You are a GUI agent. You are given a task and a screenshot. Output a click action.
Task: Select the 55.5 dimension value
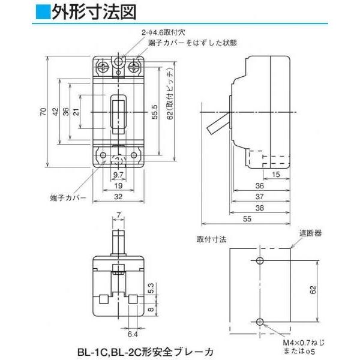pos(155,112)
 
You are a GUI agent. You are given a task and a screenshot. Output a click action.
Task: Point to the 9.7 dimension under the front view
pos(118,175)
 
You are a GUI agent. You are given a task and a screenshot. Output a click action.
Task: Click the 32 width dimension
pos(118,196)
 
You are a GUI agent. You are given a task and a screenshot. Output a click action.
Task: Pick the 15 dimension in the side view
pos(275,175)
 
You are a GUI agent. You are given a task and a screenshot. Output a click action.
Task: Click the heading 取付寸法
pos(211,239)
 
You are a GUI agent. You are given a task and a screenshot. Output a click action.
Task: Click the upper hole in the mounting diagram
pos(260,261)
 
